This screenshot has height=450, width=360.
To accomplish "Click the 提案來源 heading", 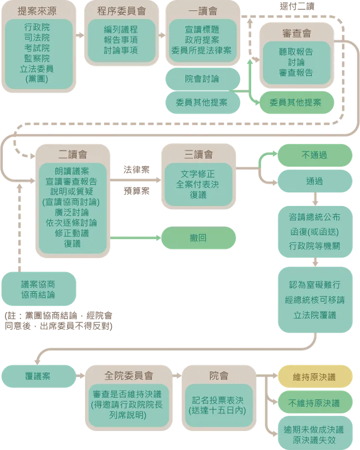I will coord(36,11).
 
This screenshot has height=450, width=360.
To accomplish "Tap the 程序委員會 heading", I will coord(122,11).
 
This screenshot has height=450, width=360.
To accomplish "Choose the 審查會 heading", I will coord(296,34).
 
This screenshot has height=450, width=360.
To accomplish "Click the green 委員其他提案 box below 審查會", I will coord(295,102).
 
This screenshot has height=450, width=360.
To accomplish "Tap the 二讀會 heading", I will coord(72,154).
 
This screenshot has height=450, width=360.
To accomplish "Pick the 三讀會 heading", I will coord(198,154).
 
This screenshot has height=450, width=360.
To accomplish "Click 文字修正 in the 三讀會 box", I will coord(198,174).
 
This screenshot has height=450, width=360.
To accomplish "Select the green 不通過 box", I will coord(314,155).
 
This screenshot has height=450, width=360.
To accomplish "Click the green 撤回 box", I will coord(198,238).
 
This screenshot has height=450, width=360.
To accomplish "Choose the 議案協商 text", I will coord(38,284).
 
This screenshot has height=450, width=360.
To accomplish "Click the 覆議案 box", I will coord(38,376).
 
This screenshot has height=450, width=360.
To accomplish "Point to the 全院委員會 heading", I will coord(128,375).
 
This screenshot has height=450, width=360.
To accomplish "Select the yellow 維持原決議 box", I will coord(314,377).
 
